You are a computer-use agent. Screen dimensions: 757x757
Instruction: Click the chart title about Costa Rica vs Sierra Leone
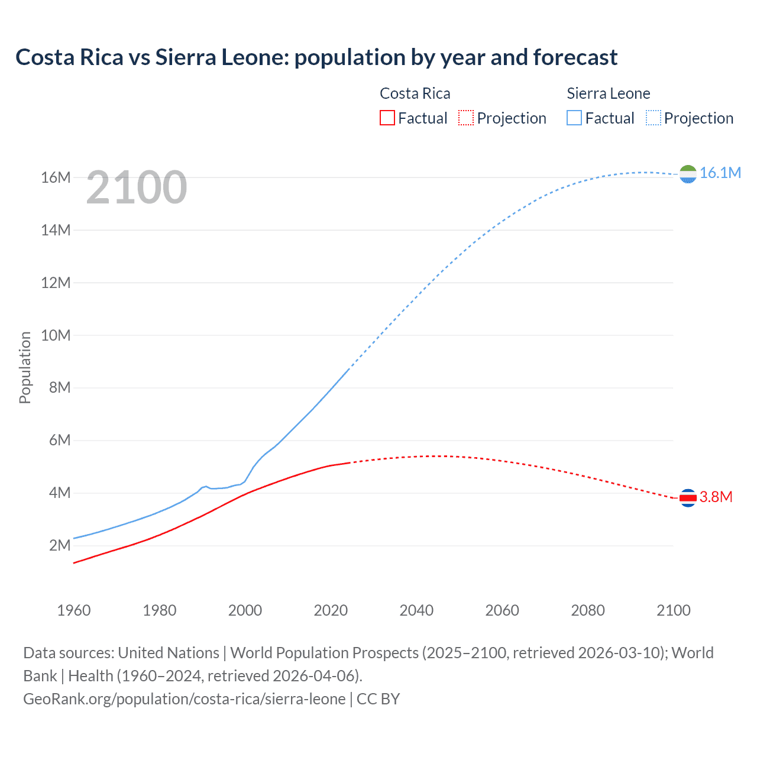[316, 57]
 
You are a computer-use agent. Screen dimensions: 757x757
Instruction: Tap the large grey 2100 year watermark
[137, 187]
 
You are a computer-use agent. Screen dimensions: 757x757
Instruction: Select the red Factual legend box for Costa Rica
[387, 118]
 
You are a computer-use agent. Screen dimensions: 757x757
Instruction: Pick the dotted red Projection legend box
[466, 118]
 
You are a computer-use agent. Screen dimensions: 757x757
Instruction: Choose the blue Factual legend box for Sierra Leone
[574, 118]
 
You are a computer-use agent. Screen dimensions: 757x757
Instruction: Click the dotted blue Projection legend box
[654, 118]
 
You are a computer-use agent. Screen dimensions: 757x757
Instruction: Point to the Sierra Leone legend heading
[608, 93]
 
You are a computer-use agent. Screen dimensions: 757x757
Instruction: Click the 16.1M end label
[720, 173]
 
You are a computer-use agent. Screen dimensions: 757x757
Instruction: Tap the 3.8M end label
[716, 497]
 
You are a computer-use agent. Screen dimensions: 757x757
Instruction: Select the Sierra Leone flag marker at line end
[688, 174]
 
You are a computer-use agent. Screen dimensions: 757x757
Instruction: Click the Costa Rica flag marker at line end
[688, 498]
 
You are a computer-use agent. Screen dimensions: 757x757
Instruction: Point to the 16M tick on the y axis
[56, 177]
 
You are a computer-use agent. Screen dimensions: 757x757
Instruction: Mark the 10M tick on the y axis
[56, 335]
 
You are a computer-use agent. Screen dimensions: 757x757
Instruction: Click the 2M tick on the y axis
[59, 545]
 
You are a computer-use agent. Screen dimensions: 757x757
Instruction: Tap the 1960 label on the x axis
[74, 610]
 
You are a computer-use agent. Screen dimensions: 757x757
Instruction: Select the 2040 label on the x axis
[416, 610]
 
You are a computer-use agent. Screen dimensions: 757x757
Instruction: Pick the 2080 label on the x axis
[588, 610]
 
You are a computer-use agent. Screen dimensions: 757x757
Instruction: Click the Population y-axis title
[25, 367]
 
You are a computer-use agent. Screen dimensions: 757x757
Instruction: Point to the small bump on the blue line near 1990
[205, 486]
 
